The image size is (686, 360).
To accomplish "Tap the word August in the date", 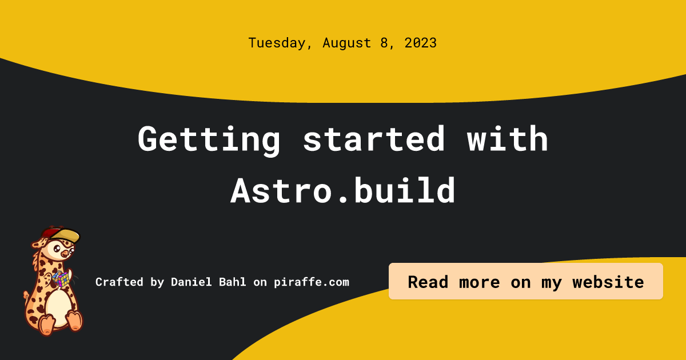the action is [346, 43].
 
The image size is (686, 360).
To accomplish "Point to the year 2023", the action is [421, 43].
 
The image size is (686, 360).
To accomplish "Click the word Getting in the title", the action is [209, 139].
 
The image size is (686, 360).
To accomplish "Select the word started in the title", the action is [374, 138].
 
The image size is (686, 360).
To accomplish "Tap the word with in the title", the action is [508, 138].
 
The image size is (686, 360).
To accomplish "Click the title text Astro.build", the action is [343, 190].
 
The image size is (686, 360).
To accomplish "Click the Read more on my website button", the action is [526, 281].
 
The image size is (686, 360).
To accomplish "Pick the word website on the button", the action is [608, 282].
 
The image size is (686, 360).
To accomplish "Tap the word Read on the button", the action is [428, 282].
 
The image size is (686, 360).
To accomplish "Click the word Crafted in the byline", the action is [119, 282].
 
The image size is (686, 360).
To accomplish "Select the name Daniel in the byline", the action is [191, 282].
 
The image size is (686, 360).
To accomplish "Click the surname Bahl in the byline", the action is [233, 282].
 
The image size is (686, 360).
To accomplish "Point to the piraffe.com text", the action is [312, 282].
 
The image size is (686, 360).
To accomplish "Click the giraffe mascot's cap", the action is [61, 235].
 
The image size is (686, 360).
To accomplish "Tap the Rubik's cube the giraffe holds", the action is [61, 279].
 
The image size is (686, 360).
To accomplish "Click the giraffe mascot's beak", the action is [65, 254].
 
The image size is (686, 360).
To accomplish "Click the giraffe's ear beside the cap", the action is [38, 244].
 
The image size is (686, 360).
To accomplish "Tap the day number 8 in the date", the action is [384, 43].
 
